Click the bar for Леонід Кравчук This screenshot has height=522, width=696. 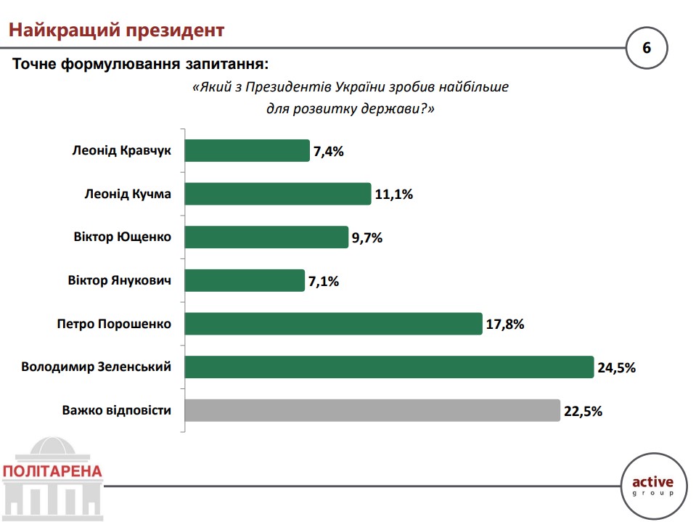tap(247, 151)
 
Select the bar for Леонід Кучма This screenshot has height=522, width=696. tap(278, 194)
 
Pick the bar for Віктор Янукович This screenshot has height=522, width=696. tap(245, 280)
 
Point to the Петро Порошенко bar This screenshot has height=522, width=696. tap(334, 323)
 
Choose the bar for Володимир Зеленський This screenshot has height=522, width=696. tap(390, 367)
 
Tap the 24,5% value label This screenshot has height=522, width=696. tap(616, 367)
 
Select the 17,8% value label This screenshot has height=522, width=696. tap(504, 325)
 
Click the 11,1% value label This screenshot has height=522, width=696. tap(393, 195)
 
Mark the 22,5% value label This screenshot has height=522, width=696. tap(583, 411)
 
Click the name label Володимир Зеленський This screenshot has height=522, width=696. tap(97, 367)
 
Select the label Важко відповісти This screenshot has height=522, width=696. tap(117, 410)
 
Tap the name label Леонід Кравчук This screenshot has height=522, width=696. tap(122, 151)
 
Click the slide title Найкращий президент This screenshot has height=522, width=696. tap(115, 30)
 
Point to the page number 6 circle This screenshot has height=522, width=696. tap(646, 49)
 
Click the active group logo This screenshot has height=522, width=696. tap(652, 484)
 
